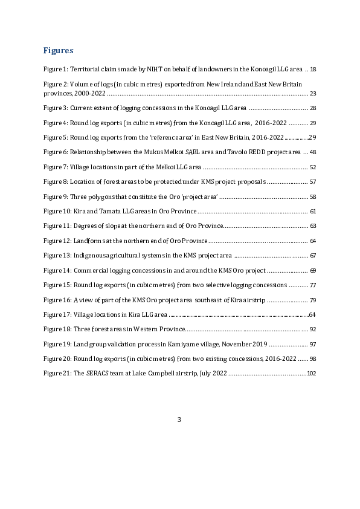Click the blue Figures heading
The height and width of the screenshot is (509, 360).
58,50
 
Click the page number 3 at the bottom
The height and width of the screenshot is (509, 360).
179,420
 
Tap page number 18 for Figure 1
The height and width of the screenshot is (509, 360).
313,69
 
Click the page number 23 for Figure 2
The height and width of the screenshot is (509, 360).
313,93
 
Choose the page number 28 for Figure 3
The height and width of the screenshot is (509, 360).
313,108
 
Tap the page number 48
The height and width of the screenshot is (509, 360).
313,152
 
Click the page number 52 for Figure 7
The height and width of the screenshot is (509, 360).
313,167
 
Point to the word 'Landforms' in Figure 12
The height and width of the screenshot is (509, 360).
89,241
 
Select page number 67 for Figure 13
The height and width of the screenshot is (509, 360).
313,255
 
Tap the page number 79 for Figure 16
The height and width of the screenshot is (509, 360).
313,299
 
